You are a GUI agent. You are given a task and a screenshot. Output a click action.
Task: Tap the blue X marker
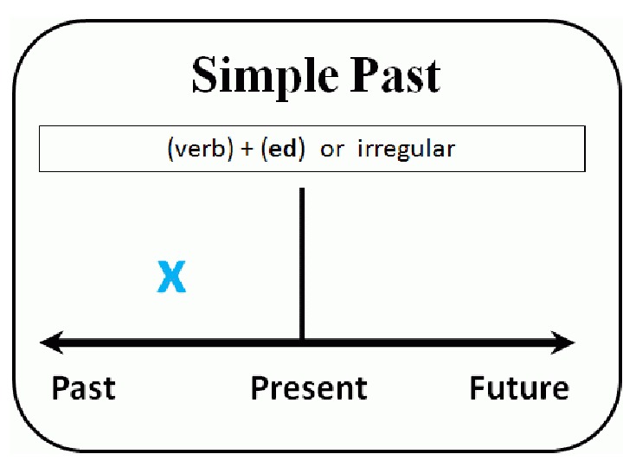[x=171, y=278]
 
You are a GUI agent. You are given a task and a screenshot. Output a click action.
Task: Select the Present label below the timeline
[x=308, y=388]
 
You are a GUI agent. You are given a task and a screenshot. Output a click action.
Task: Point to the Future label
[x=519, y=388]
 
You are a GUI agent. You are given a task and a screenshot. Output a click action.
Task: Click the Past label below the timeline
[x=83, y=388]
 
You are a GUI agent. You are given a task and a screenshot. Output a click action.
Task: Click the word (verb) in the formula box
[x=196, y=149]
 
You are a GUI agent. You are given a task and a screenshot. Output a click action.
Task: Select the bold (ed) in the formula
[x=286, y=149]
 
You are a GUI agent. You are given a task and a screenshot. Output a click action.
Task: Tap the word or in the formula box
[x=331, y=150]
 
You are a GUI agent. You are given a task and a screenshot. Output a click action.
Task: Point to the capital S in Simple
[x=204, y=75]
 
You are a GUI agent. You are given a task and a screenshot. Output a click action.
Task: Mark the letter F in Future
[x=478, y=388]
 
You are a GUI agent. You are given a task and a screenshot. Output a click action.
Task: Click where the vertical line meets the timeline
[x=301, y=343]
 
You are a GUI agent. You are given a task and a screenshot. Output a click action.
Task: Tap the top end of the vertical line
[x=301, y=190]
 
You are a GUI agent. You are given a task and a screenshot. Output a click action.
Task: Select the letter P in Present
[x=258, y=388]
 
